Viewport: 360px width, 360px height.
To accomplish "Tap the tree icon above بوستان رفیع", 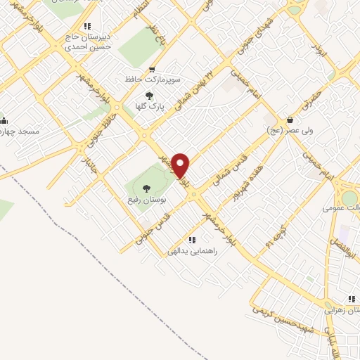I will [x=146, y=188].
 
